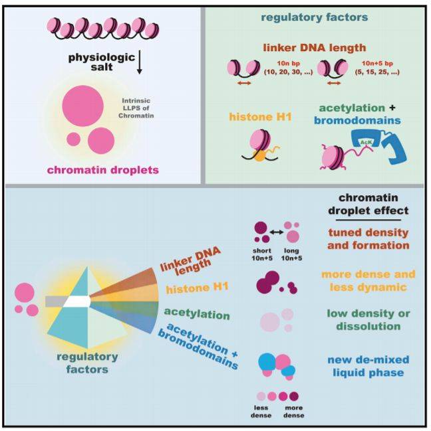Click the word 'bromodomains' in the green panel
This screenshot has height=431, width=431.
(359, 120)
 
